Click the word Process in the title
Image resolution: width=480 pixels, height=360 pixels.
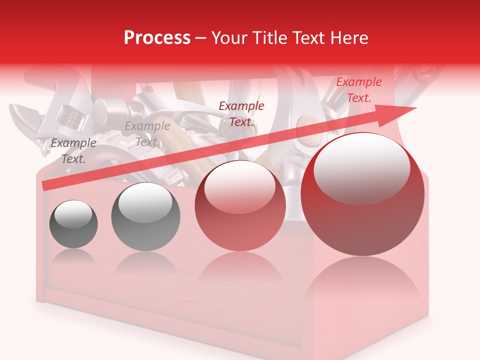(x=157, y=38)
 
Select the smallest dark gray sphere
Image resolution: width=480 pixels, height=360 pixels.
(x=74, y=224)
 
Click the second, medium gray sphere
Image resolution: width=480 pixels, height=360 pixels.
(x=145, y=216)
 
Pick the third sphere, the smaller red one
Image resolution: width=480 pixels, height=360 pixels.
(x=240, y=206)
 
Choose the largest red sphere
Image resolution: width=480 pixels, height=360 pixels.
(x=362, y=195)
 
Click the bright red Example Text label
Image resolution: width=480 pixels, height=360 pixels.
(x=358, y=90)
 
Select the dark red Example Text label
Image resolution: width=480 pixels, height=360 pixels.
(x=241, y=114)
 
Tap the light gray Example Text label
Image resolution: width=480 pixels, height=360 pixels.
(x=147, y=134)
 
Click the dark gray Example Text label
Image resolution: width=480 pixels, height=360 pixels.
(x=73, y=151)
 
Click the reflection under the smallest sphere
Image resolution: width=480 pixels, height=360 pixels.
(x=74, y=257)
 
